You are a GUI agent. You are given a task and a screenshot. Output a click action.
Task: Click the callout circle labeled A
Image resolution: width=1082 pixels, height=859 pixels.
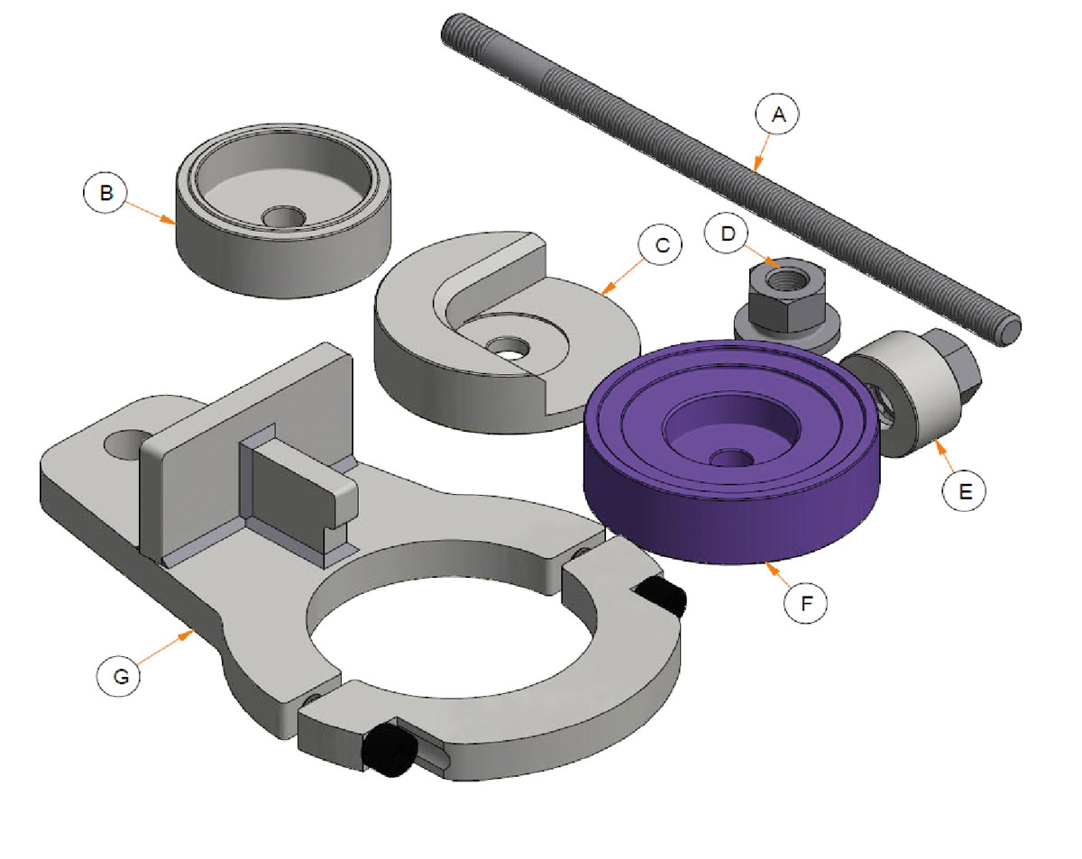[777, 114]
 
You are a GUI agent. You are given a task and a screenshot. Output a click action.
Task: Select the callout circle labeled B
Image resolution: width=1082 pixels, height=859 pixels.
[105, 193]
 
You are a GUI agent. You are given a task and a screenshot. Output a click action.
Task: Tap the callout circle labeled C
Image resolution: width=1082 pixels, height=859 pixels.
[660, 245]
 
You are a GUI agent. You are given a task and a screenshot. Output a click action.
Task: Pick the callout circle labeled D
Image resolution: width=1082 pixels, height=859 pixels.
[727, 233]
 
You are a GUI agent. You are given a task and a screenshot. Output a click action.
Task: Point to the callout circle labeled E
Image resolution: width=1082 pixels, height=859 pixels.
[964, 490]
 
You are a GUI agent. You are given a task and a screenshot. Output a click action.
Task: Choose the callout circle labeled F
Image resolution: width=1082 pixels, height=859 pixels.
[806, 603]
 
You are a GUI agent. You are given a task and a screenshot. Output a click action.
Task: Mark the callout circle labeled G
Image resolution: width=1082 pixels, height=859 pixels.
[119, 675]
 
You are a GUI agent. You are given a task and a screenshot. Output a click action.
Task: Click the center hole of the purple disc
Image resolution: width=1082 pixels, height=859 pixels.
[731, 458]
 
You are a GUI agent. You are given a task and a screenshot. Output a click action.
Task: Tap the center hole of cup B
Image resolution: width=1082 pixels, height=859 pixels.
[283, 217]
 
